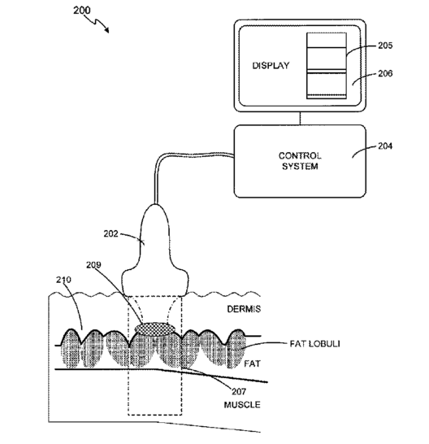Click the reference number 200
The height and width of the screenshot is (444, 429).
click(82, 11)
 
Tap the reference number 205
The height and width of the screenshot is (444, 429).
click(385, 46)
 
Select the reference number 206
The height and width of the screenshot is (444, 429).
click(385, 73)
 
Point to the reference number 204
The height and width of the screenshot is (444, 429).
click(385, 146)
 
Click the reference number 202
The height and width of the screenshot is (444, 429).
click(110, 234)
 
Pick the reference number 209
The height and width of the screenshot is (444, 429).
click(93, 265)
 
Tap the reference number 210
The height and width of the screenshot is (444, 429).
click(63, 280)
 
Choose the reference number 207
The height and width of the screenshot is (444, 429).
click(239, 392)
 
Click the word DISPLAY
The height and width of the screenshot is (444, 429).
click(271, 66)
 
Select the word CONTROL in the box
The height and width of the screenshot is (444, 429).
click(300, 156)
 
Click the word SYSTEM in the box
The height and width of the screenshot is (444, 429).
click(300, 166)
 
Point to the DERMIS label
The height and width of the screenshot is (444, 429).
click(244, 309)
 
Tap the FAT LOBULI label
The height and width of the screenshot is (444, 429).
click(314, 344)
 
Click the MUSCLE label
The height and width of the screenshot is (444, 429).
click(242, 405)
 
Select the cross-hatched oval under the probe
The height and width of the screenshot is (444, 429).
click(155, 329)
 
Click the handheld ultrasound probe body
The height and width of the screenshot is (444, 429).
click(155, 249)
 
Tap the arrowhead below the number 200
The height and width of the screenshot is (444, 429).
click(106, 30)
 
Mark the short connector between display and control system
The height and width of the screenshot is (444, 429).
click(300, 119)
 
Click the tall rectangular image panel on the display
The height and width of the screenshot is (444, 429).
click(327, 66)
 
